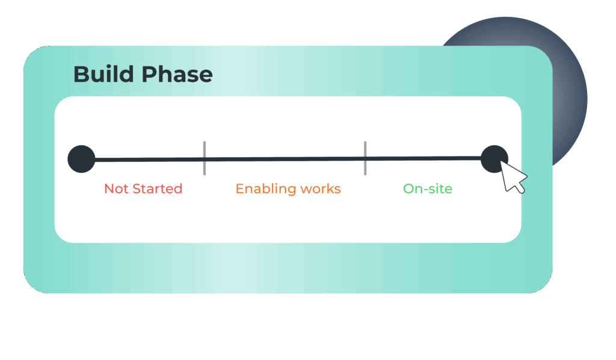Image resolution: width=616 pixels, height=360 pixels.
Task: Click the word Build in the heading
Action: tap(103, 74)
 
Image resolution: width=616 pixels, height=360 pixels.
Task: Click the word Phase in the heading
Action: tap(177, 74)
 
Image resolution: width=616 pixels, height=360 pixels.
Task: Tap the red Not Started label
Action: tap(143, 188)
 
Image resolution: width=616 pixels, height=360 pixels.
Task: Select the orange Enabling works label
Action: tap(288, 189)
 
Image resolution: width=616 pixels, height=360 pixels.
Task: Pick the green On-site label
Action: tap(428, 188)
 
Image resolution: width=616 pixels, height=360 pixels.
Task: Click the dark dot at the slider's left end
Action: tap(81, 159)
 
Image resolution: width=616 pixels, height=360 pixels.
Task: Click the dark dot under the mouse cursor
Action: tap(494, 159)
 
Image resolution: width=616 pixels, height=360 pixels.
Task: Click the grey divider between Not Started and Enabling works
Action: tap(205, 158)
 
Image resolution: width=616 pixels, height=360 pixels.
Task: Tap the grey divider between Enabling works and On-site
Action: tap(365, 158)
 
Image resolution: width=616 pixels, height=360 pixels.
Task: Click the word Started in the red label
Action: tap(158, 188)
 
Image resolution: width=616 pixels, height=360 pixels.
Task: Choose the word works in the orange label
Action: tap(321, 189)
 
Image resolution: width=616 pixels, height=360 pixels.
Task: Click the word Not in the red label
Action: tap(116, 188)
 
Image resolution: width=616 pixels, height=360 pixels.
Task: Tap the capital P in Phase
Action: tap(149, 74)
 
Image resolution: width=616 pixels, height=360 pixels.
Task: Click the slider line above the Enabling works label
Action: tap(285, 159)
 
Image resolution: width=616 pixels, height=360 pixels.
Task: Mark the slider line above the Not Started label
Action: tap(149, 160)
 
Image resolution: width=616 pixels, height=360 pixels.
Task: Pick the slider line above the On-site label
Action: tap(423, 158)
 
